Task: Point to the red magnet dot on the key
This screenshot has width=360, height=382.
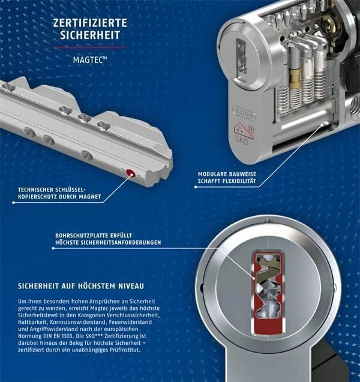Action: coord(131,173)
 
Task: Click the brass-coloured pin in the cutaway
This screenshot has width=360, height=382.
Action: coord(294,78)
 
